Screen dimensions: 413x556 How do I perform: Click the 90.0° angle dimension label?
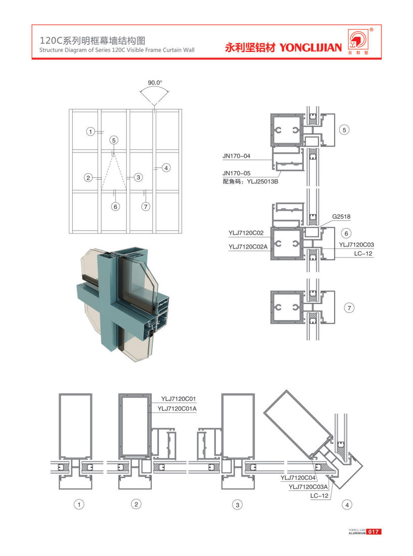[155, 83]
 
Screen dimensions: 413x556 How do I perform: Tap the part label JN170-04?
[236, 156]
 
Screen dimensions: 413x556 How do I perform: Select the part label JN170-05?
[236, 173]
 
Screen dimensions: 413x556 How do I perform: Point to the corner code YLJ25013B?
[262, 182]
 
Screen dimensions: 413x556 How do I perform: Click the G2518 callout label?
[341, 216]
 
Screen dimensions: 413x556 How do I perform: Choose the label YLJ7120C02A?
[248, 247]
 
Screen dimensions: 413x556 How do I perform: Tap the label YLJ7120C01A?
[177, 409]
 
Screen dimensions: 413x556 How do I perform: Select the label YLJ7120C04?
[298, 478]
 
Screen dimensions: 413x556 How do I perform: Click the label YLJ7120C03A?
[308, 487]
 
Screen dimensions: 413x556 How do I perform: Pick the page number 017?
[374, 532]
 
